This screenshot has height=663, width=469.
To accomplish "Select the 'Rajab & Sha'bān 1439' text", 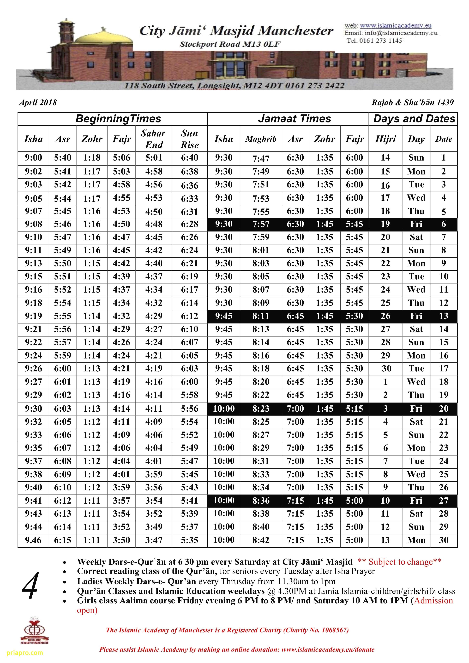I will pos(412,103).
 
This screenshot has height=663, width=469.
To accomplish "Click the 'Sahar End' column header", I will pos(154,139).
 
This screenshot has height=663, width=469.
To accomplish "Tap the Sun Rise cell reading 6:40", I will pos(189,158).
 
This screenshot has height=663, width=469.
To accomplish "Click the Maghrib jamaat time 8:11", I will pos(261,316).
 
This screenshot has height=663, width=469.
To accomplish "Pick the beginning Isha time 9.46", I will pos(33,540).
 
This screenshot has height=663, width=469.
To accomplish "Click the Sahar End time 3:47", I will pos(154,540).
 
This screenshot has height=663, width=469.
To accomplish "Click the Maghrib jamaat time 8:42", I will pos(261,540).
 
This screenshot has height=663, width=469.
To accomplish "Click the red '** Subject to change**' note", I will pos(399,562).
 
